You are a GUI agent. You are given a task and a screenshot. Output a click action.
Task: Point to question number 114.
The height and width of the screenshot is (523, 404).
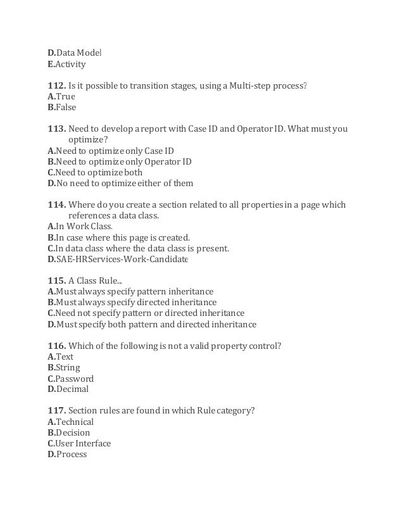tap(56, 205)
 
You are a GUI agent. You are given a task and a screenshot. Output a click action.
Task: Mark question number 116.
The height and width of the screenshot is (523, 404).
tap(56, 346)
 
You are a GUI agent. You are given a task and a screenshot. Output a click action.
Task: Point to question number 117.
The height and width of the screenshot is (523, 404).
tap(56, 411)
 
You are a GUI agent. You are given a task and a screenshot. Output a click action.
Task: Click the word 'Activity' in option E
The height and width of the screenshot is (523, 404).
tap(70, 64)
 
